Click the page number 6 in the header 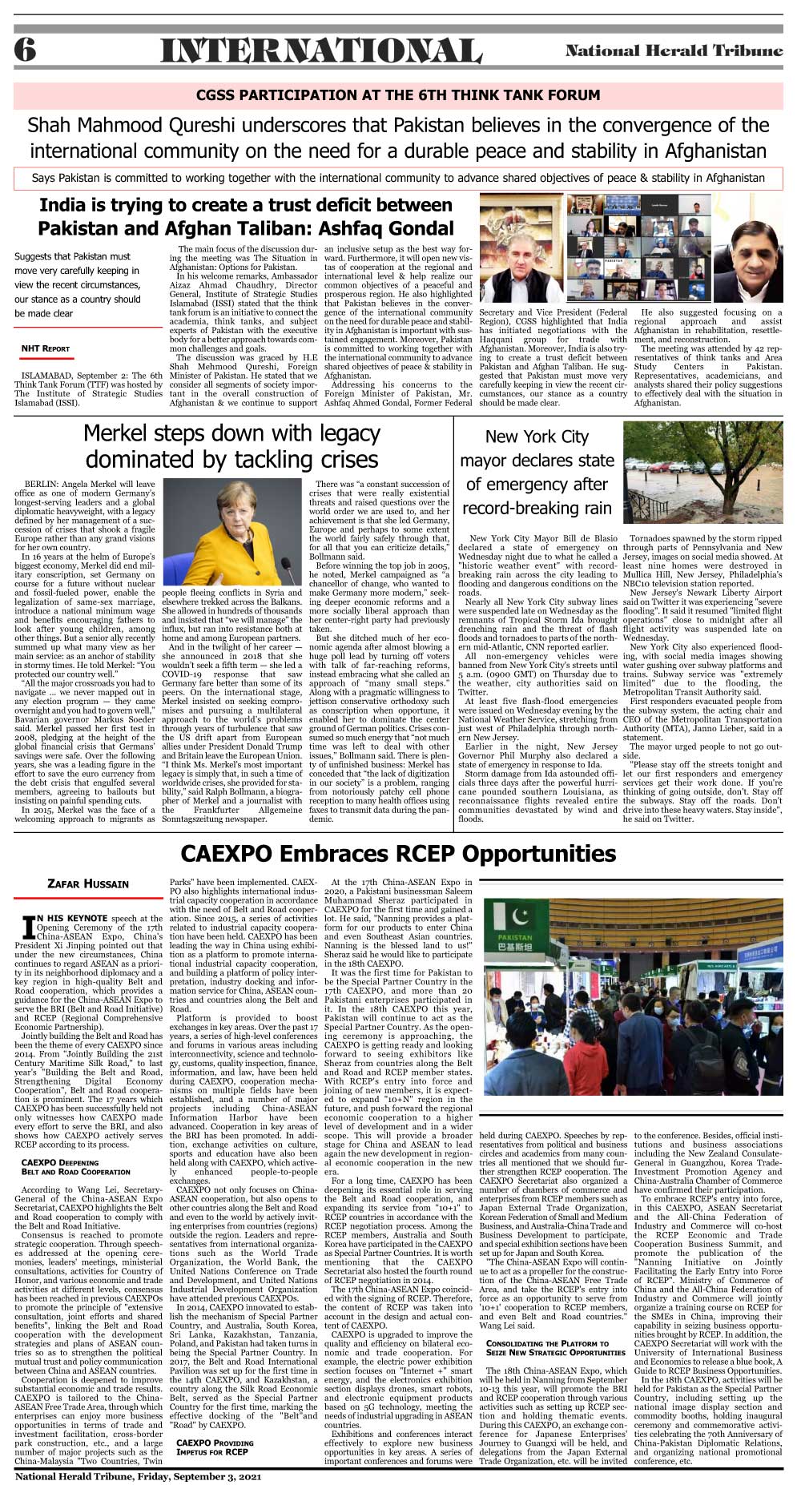pos(24,50)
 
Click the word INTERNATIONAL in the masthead pos(320,51)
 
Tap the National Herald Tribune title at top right pos(674,50)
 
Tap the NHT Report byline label pos(46,348)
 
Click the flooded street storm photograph pos(702,473)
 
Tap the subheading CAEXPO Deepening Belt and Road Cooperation pos(75,1167)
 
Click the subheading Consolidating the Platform pos(547,1348)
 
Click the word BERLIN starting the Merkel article pos(42,485)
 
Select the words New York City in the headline pos(537,437)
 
